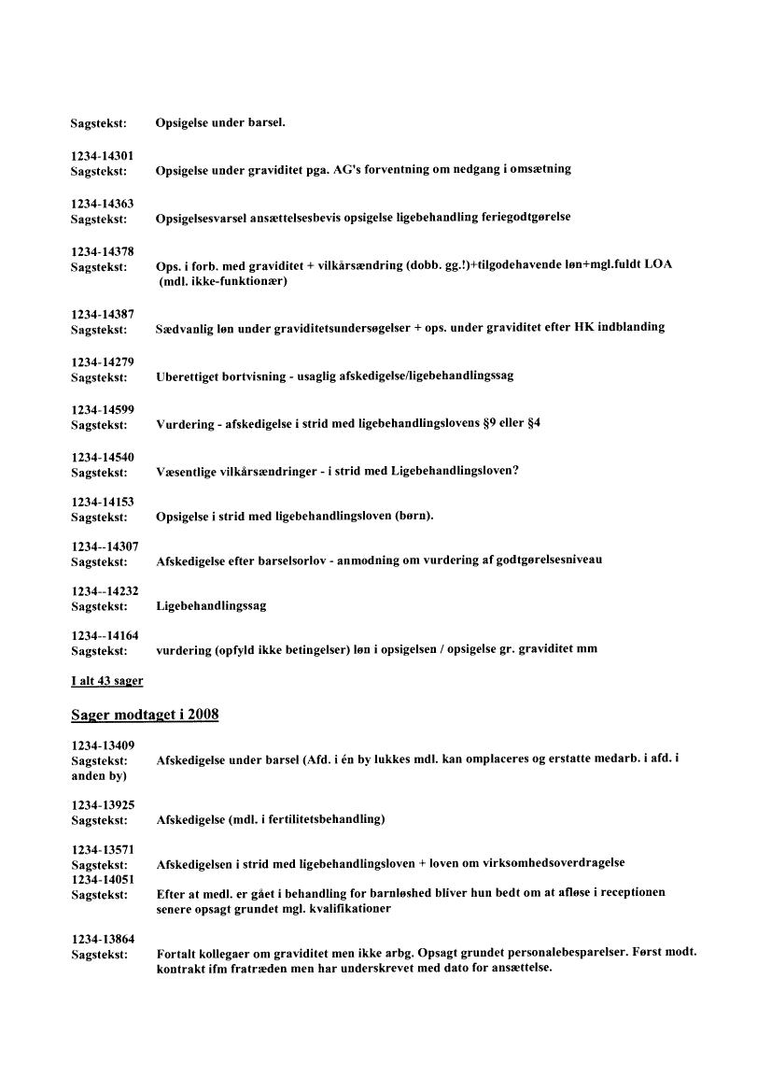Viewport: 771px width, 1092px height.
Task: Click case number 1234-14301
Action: click(x=102, y=155)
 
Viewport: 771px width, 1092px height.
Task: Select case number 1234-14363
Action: click(x=102, y=203)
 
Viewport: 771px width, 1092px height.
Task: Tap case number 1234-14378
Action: click(x=102, y=250)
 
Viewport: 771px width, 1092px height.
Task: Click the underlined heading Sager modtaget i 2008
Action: click(x=144, y=715)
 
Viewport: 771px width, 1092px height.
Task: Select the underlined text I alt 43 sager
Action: click(x=106, y=681)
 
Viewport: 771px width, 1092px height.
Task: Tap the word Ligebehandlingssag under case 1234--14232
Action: click(x=211, y=606)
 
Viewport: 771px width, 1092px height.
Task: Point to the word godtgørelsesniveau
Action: click(x=546, y=560)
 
